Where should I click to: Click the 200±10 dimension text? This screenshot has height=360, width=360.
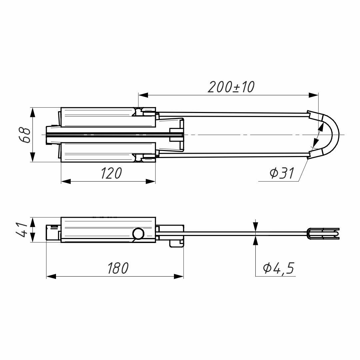(x=231, y=87)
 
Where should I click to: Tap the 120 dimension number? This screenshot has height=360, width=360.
(x=111, y=173)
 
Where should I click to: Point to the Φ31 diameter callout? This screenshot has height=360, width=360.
(x=282, y=173)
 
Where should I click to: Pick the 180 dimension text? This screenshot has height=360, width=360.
(x=118, y=268)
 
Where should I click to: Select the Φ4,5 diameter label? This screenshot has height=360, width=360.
(x=279, y=268)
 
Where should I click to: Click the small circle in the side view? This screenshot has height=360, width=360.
(x=138, y=234)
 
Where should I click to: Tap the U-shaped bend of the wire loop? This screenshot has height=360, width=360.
(x=333, y=135)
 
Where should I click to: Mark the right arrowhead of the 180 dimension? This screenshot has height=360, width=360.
(x=179, y=276)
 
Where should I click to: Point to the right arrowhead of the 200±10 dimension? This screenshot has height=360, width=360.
(x=314, y=95)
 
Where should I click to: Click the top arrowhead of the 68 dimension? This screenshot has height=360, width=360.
(x=32, y=112)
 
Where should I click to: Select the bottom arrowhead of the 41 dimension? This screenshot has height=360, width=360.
(x=32, y=238)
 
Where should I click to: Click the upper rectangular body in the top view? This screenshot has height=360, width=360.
(x=108, y=117)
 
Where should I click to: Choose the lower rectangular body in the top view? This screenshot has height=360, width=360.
(x=108, y=152)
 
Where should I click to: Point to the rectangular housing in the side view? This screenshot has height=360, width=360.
(x=108, y=230)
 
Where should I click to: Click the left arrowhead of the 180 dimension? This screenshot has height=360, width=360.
(x=51, y=276)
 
